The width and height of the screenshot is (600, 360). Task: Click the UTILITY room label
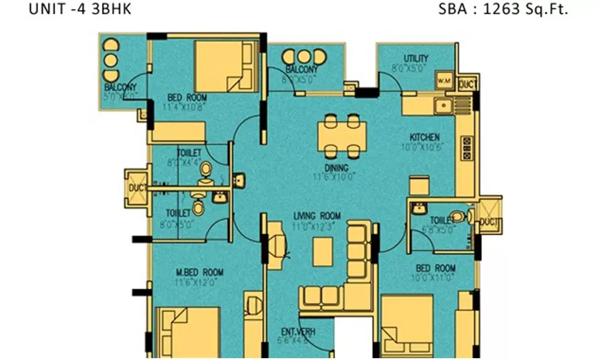416,58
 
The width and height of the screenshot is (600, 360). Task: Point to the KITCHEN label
425,137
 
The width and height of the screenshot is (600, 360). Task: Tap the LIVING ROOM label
317,216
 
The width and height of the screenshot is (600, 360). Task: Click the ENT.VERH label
298,332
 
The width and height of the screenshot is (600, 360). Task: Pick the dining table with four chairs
340,136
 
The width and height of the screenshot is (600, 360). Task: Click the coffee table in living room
323,251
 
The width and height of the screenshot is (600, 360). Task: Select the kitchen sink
443,106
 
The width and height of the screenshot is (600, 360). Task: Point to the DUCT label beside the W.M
467,85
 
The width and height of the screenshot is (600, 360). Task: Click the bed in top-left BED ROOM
220,67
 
